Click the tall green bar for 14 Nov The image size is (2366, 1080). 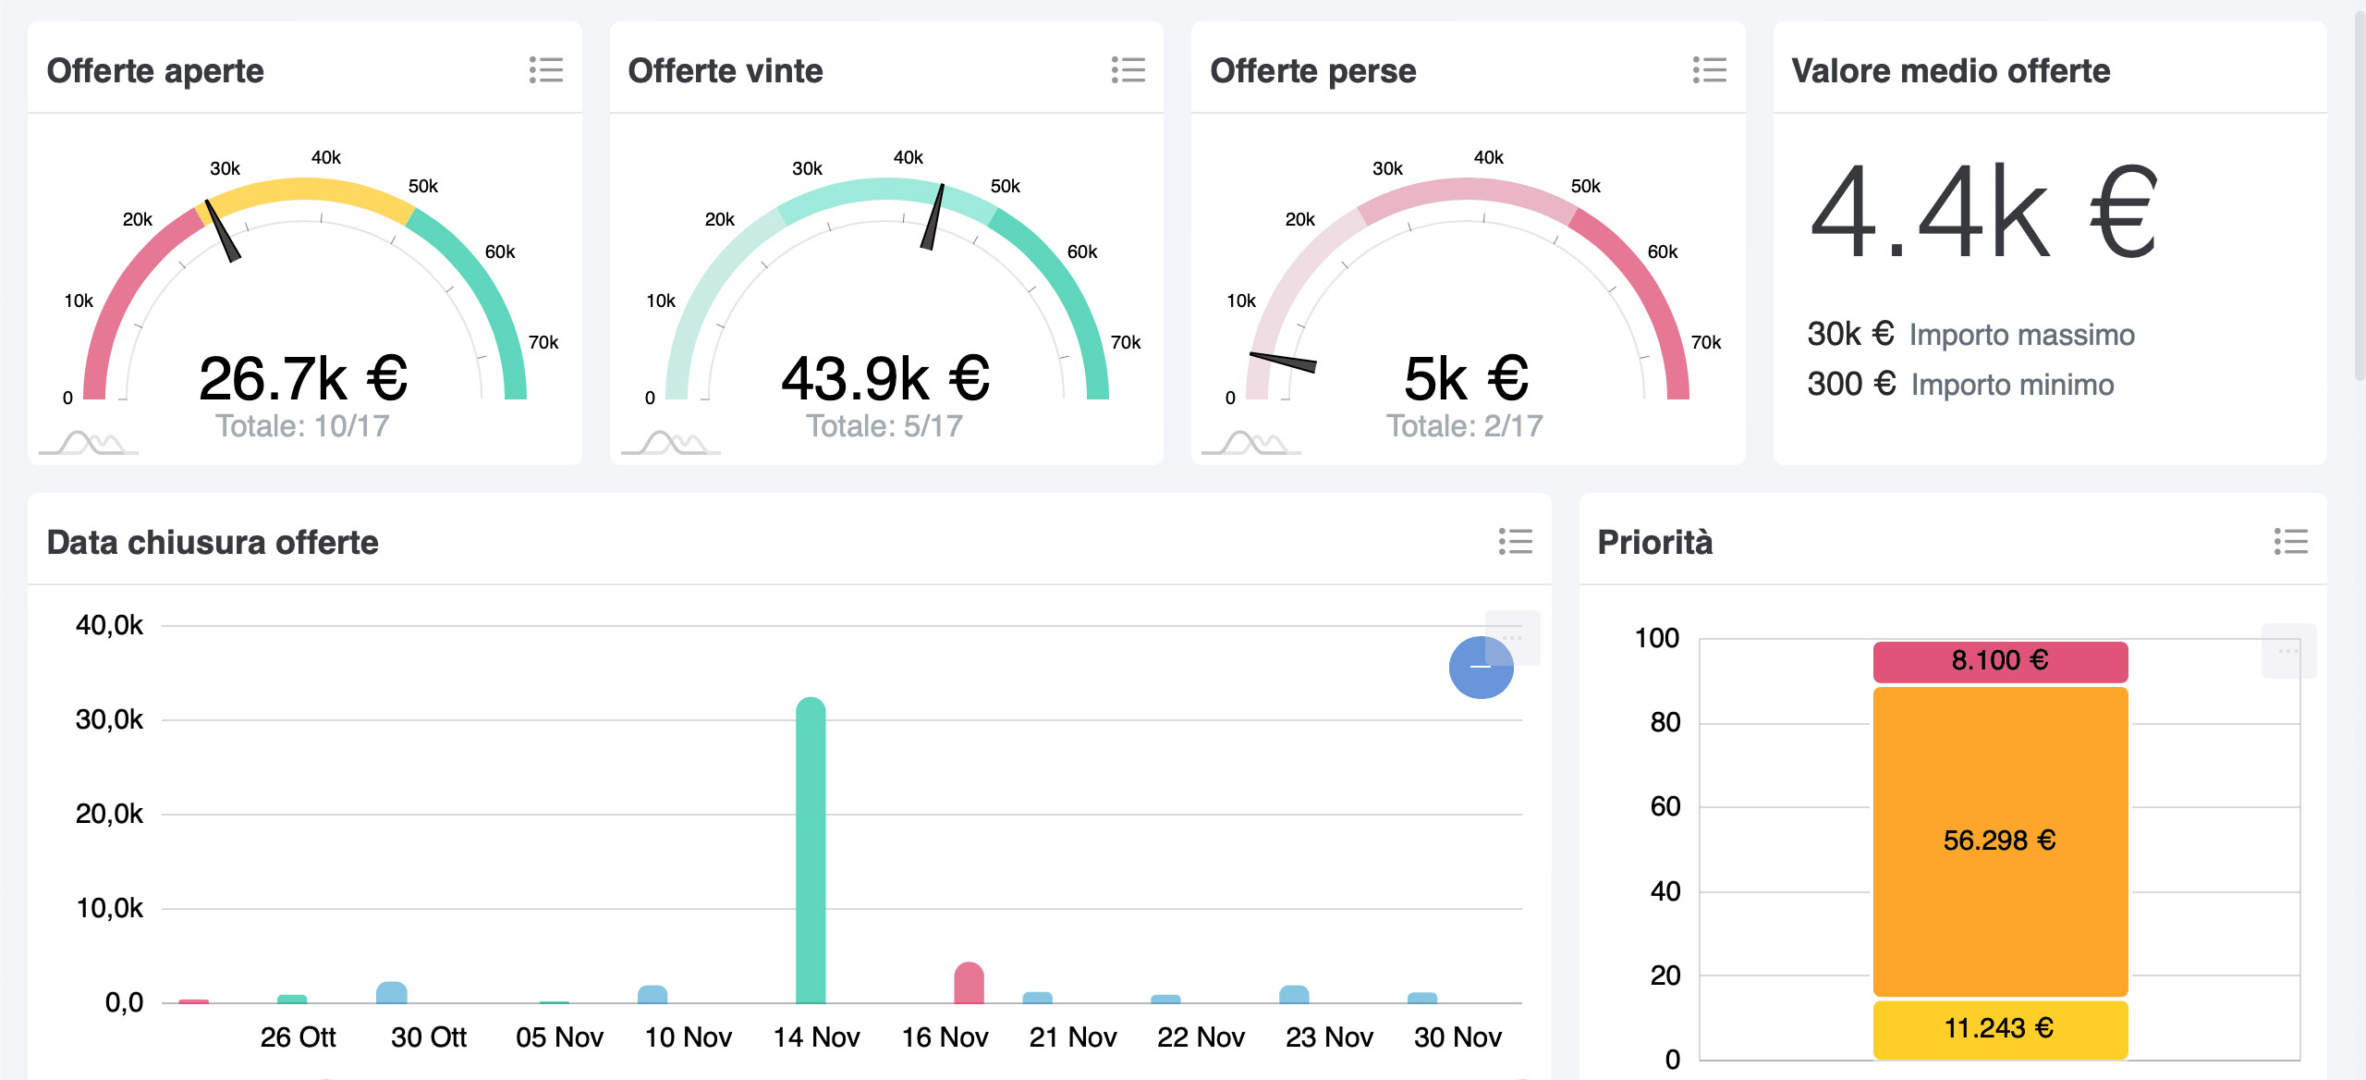[x=811, y=851]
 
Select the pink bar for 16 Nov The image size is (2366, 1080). [x=969, y=984]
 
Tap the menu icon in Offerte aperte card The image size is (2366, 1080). [x=546, y=70]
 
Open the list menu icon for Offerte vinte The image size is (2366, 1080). [x=1128, y=70]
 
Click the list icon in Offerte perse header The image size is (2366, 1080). [x=1710, y=70]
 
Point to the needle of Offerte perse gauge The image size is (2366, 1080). [x=1284, y=362]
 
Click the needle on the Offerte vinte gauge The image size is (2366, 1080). [x=933, y=216]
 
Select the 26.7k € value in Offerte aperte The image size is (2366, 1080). [x=303, y=379]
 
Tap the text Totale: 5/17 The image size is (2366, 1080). [x=884, y=426]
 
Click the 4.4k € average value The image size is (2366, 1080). [x=1983, y=215]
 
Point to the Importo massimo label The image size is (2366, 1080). [x=2022, y=335]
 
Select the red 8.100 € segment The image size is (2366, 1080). [x=2000, y=661]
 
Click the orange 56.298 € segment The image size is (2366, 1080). [x=2000, y=841]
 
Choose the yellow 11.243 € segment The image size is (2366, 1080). [x=2000, y=1028]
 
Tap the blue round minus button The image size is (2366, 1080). [x=1481, y=668]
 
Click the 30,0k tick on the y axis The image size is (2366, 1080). [x=109, y=719]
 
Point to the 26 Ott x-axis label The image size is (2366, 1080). [x=298, y=1037]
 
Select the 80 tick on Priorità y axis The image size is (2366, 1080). [x=1665, y=722]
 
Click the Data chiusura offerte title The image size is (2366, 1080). [x=213, y=543]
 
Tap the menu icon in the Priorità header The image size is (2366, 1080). [x=2290, y=542]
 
